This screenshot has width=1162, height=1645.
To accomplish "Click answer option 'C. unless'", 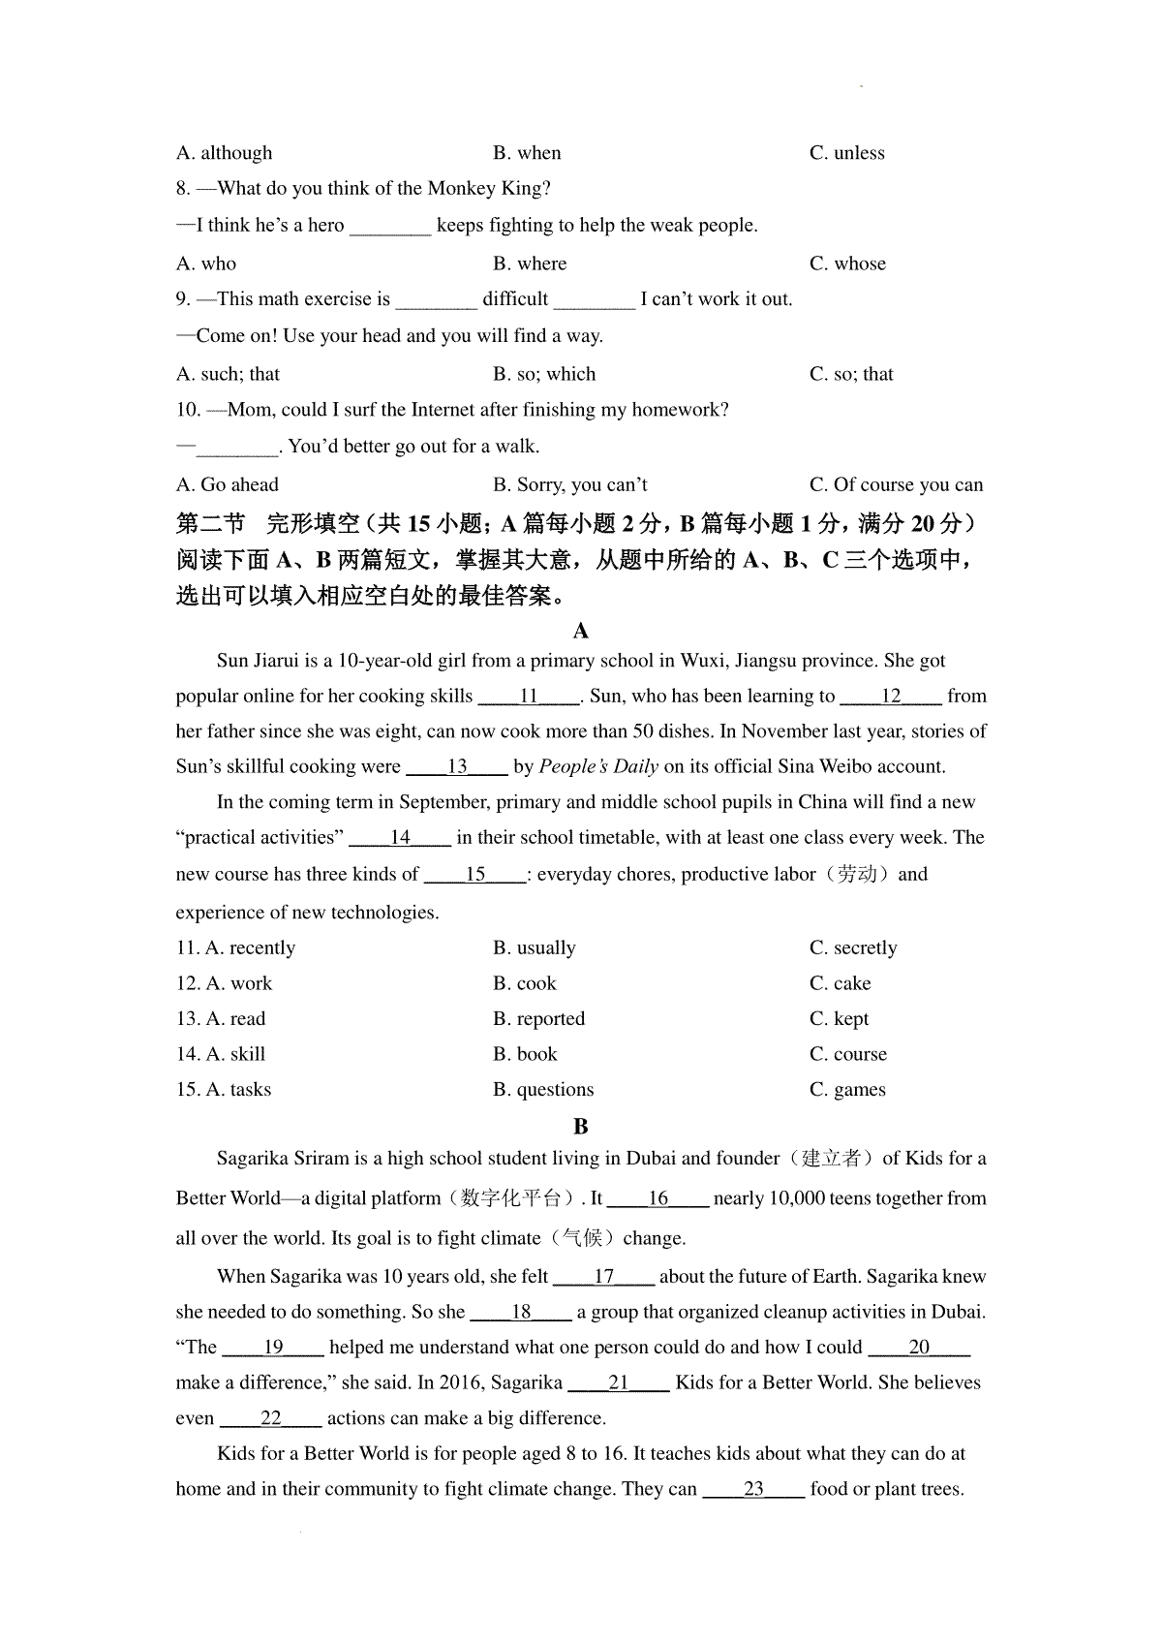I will point(846,153).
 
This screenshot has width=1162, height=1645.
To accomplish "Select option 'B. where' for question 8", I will point(529,264).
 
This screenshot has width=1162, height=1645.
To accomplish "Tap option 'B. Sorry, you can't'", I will point(569,484).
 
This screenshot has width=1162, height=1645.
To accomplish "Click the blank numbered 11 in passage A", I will point(529,697).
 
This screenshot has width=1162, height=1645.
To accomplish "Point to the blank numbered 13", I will point(457,767).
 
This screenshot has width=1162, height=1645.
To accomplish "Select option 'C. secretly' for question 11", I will point(853,947).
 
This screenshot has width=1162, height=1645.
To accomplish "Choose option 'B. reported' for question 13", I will point(538,1019).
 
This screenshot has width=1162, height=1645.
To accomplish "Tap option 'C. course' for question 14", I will point(847,1054).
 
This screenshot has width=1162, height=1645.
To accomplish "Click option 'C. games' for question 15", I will point(847,1090).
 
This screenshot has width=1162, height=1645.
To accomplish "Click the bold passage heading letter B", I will point(581,1126).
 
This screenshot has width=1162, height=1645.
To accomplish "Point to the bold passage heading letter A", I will point(581,632).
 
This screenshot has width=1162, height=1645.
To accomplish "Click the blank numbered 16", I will point(658,1199).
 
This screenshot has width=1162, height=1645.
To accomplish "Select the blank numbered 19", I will point(273,1348).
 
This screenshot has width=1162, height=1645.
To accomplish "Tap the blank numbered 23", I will point(753,1489).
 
